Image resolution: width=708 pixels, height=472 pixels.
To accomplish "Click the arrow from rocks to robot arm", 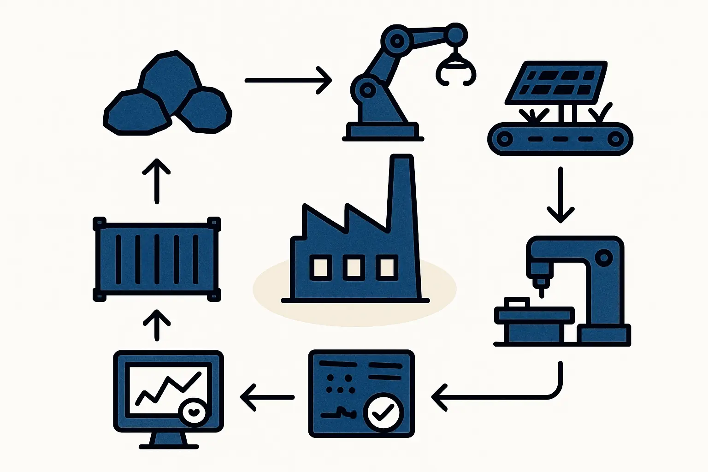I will click(x=288, y=80).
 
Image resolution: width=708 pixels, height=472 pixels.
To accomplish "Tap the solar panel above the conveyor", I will click(x=556, y=83).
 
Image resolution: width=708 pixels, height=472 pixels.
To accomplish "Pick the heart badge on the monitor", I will click(x=194, y=412).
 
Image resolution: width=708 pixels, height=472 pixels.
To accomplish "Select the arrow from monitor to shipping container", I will click(x=157, y=325).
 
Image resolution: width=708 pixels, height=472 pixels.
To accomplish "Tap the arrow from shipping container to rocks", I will click(x=157, y=181).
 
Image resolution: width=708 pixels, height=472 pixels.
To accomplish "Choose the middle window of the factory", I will click(x=354, y=268).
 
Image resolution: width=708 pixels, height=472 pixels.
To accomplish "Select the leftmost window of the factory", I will click(x=320, y=268).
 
